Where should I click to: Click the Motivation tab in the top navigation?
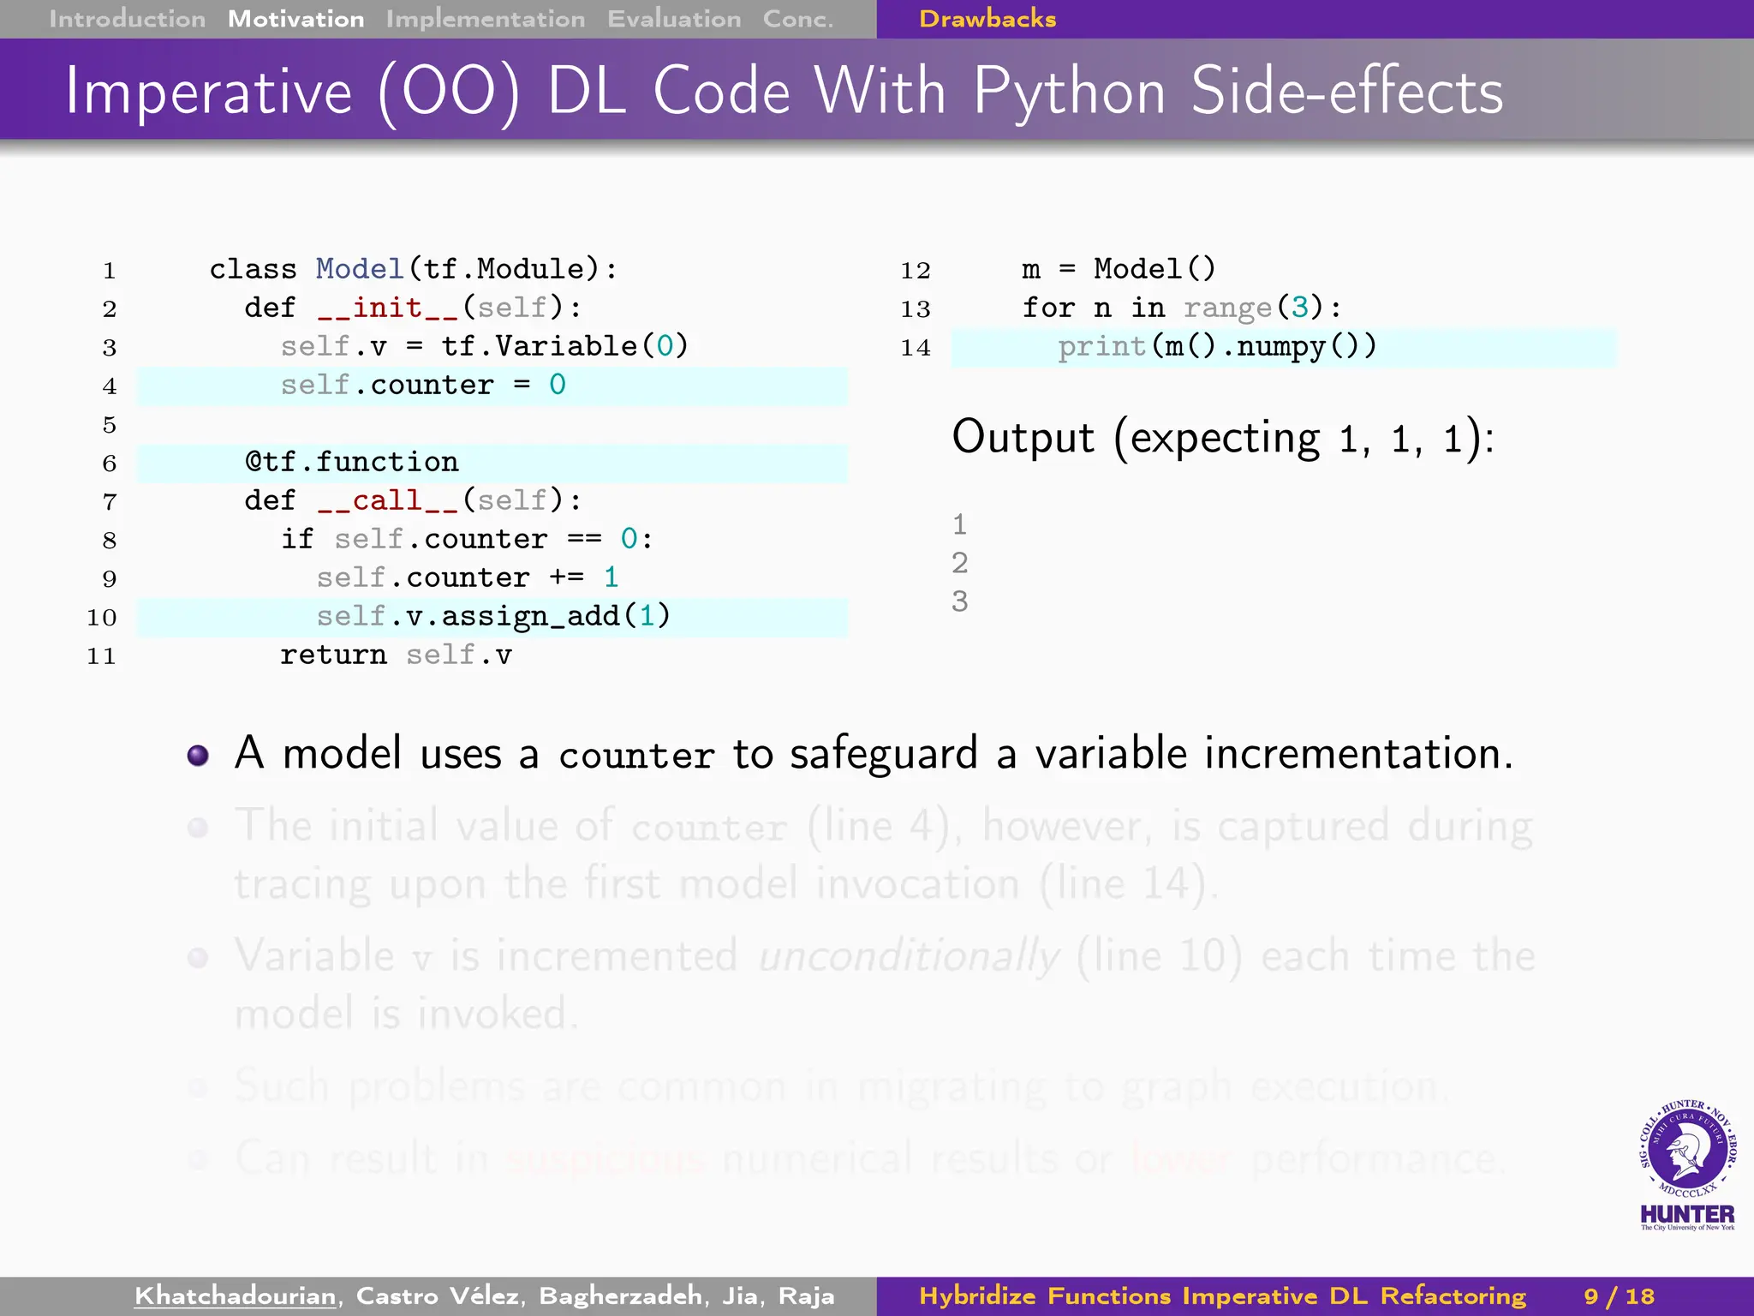(295, 19)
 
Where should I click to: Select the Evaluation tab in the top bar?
(674, 19)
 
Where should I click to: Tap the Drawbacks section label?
(987, 19)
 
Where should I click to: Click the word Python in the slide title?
(1070, 93)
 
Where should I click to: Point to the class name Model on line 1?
(359, 269)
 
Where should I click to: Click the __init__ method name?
(388, 308)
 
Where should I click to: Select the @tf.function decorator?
(352, 463)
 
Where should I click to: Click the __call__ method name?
(388, 500)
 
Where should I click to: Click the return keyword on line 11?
(332, 655)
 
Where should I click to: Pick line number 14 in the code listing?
(915, 348)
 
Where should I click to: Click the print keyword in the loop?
(1101, 347)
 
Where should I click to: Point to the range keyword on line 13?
(1227, 308)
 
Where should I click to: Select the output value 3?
(959, 601)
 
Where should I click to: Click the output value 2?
(959, 563)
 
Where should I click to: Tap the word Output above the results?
(1023, 438)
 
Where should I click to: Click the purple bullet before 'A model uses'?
(198, 755)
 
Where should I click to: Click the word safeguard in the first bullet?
(883, 755)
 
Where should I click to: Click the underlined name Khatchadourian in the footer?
(235, 1295)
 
